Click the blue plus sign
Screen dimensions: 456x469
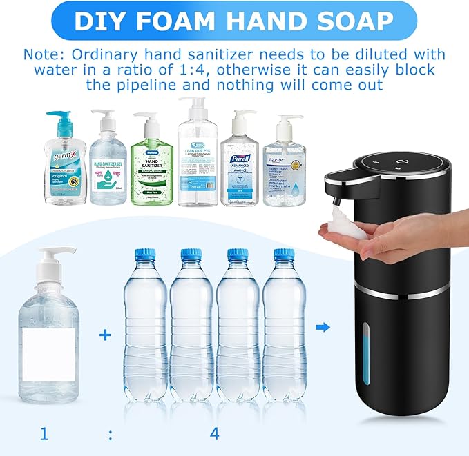click(x=104, y=335)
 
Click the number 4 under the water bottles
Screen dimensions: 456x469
click(x=215, y=434)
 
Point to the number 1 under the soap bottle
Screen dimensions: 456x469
click(x=44, y=434)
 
